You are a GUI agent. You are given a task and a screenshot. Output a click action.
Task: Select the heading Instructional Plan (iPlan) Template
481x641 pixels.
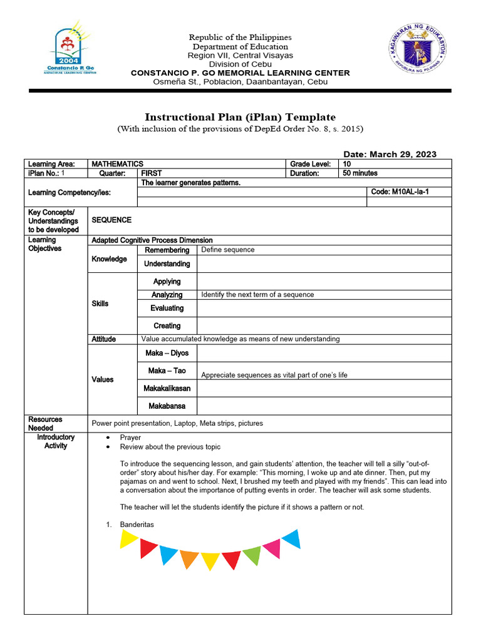(x=240, y=117)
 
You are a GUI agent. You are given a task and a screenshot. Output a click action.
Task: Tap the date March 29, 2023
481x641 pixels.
(x=390, y=154)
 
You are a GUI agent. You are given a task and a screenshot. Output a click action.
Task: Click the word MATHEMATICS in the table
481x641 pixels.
(x=118, y=164)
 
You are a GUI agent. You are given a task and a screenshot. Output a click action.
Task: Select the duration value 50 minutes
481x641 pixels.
(x=360, y=173)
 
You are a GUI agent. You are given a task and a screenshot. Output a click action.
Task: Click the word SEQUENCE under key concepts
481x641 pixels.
(x=111, y=220)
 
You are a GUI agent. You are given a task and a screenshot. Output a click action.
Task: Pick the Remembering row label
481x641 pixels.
(x=167, y=250)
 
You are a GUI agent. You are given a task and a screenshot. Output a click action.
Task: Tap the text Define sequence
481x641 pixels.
(x=228, y=250)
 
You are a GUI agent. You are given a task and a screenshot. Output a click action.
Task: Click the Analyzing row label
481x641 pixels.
(x=167, y=295)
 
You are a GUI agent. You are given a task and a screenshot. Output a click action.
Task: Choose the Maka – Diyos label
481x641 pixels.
(x=167, y=353)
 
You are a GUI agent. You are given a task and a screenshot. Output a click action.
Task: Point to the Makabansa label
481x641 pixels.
(x=167, y=406)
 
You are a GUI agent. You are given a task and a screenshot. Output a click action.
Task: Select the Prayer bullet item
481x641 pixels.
(x=130, y=438)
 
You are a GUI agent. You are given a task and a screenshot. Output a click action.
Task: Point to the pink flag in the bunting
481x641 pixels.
(x=272, y=548)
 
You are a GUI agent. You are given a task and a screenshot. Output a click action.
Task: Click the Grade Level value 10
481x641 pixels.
(x=347, y=164)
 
